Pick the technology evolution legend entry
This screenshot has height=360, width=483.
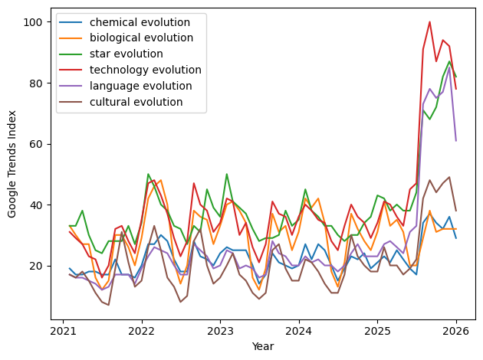point(138,70)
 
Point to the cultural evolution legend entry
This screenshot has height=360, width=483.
point(130,102)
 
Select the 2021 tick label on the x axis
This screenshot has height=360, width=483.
point(63,332)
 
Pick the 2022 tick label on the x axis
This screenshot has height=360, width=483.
point(141,332)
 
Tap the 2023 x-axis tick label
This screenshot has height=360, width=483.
point(220,332)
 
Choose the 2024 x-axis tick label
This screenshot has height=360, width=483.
point(298,332)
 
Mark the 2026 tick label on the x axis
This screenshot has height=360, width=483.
point(455,332)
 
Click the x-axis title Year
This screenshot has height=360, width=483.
point(263,346)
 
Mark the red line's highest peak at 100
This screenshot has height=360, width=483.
point(429,21)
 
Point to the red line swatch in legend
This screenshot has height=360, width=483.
point(74,70)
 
